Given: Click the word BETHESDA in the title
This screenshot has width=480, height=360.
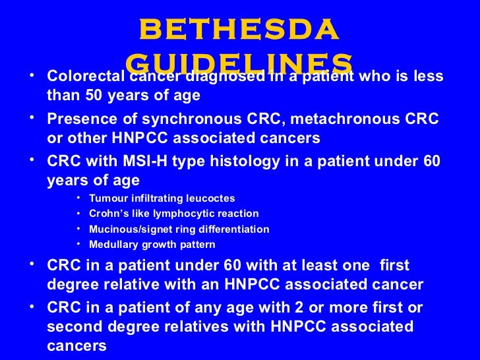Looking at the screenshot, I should [240, 29].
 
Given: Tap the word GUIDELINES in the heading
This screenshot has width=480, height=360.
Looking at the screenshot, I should [239, 63].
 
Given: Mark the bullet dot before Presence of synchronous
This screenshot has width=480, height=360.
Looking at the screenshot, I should [34, 119].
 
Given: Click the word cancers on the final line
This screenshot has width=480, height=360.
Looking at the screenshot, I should [76, 345].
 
